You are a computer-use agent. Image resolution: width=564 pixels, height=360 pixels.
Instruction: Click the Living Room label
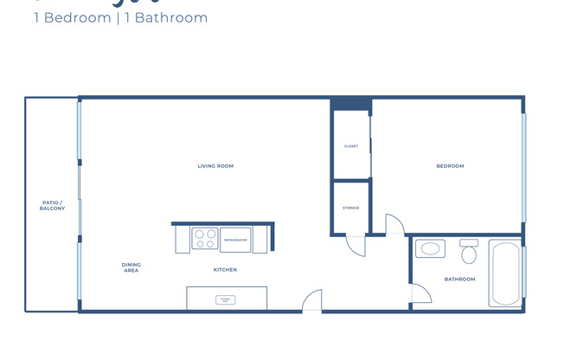click(x=215, y=166)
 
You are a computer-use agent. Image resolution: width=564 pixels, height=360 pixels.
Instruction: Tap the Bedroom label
click(x=450, y=166)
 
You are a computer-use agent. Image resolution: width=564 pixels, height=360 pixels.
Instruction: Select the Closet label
click(x=351, y=146)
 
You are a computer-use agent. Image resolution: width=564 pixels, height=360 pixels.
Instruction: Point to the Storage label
click(x=350, y=208)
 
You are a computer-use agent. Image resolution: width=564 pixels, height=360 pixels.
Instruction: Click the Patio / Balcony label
click(x=52, y=206)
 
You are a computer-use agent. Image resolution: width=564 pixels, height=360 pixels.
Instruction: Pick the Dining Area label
click(x=131, y=267)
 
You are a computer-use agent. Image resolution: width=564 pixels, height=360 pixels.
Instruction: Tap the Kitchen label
click(x=225, y=270)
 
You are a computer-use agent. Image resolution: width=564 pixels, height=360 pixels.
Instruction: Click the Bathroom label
click(x=459, y=279)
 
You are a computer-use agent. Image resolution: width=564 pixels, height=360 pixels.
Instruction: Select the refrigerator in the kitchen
click(x=235, y=239)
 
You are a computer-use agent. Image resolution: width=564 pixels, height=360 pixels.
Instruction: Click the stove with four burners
click(x=204, y=239)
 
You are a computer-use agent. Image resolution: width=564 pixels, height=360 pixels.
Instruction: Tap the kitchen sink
click(x=225, y=299)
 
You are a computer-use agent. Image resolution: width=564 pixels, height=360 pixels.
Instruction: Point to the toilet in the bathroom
click(x=469, y=253)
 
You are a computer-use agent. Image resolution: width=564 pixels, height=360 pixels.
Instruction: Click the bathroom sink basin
click(x=430, y=250)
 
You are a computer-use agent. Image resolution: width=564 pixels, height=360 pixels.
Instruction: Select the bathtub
click(x=505, y=273)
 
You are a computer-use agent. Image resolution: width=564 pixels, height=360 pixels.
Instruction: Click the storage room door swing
click(x=356, y=244)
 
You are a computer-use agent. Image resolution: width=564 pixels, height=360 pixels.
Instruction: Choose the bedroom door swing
click(x=394, y=224)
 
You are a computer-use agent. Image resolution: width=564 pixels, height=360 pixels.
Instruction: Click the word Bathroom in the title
click(x=177, y=17)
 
